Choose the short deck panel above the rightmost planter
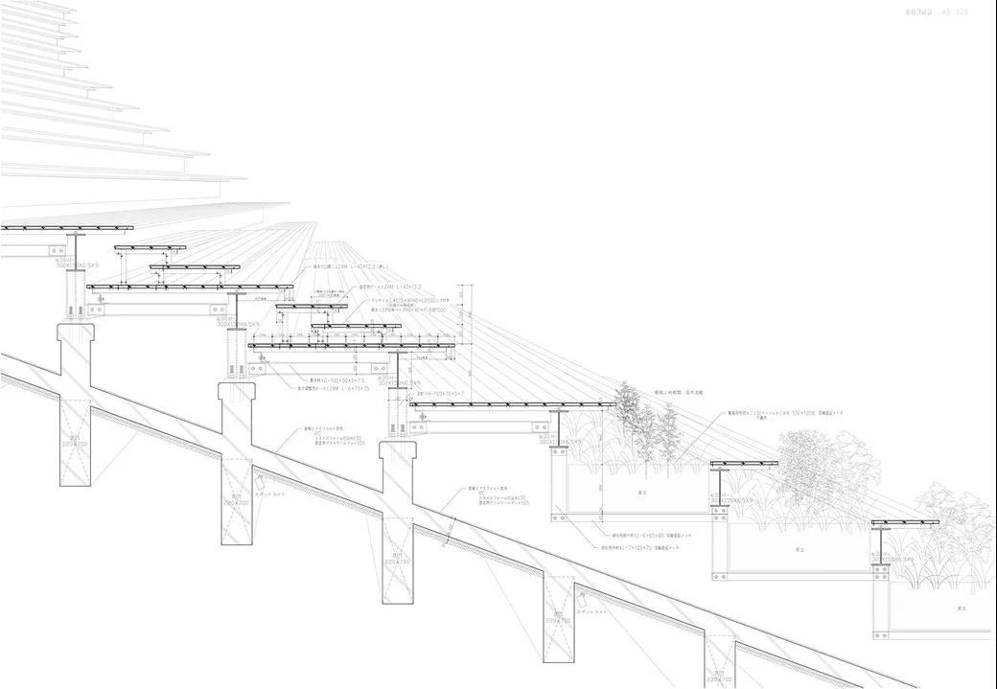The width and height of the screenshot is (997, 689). (x=904, y=523)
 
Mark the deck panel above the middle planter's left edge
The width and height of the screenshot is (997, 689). (x=743, y=465)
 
